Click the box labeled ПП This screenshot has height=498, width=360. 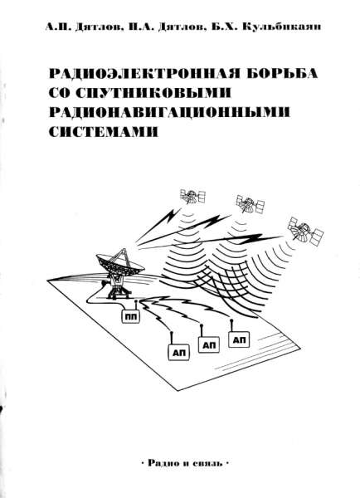coord(129,316)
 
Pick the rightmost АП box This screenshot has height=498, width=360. coord(241,339)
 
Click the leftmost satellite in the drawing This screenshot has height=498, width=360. coord(195,197)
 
